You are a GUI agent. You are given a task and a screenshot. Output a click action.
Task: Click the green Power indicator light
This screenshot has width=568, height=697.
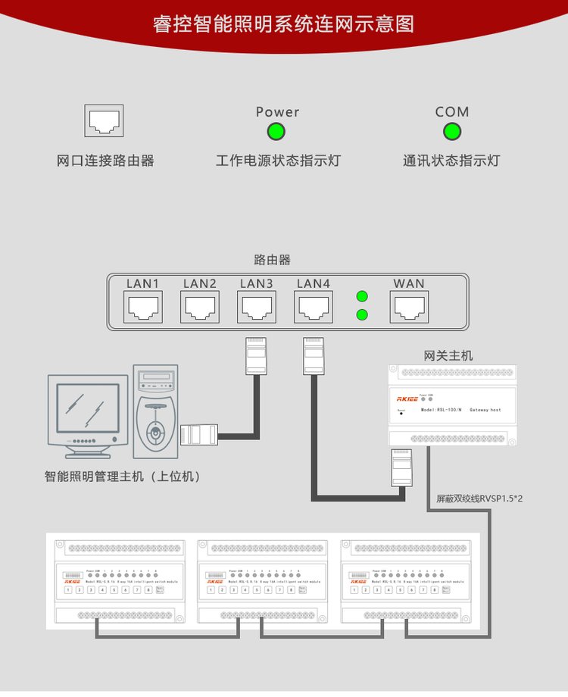pyautogui.click(x=276, y=132)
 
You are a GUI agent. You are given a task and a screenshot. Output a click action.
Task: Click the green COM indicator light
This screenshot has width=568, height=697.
pyautogui.click(x=452, y=132)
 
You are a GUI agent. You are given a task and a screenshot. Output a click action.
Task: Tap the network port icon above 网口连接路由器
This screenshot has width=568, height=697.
pyautogui.click(x=104, y=120)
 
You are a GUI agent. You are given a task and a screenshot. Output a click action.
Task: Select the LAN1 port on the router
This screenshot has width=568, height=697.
pyautogui.click(x=142, y=308)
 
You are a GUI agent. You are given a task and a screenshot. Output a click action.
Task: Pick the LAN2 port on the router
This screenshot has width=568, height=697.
pyautogui.click(x=200, y=308)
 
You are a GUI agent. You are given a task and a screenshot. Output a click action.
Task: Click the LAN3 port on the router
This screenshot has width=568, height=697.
pyautogui.click(x=257, y=308)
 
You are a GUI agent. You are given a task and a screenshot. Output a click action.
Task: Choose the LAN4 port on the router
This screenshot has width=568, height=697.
pyautogui.click(x=314, y=308)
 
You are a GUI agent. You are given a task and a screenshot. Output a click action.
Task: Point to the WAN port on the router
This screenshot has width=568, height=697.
pyautogui.click(x=409, y=308)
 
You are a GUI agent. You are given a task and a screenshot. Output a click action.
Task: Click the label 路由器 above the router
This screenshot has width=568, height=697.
pyautogui.click(x=273, y=260)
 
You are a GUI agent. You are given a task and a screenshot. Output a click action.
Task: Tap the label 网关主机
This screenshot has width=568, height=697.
pyautogui.click(x=448, y=355)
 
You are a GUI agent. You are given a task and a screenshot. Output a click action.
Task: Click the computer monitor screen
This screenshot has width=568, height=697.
pyautogui.click(x=88, y=408)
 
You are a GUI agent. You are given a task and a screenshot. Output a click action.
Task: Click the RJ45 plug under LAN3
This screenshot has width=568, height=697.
pyautogui.click(x=256, y=355)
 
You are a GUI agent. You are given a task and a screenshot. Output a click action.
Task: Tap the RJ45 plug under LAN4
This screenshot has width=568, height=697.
pyautogui.click(x=314, y=355)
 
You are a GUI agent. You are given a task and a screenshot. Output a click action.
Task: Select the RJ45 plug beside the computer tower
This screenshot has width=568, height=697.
pyautogui.click(x=199, y=435)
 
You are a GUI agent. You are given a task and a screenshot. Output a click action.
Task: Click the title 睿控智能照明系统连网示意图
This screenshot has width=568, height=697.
pyautogui.click(x=283, y=23)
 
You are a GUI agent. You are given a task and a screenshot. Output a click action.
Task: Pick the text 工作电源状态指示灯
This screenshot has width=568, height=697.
pyautogui.click(x=278, y=161)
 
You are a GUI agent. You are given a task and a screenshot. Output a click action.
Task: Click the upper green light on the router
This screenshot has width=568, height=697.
pyautogui.click(x=362, y=296)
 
